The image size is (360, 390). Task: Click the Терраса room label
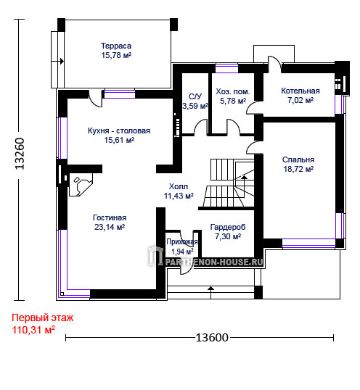116,46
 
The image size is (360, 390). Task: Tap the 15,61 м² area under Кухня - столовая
119,140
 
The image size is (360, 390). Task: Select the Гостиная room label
110,217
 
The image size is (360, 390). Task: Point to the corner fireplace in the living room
81,185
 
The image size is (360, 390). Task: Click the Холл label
179,186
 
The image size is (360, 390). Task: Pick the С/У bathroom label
195,96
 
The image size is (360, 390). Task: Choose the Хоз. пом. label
232,91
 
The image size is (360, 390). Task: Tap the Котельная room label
300,91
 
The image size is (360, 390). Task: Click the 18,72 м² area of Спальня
298,169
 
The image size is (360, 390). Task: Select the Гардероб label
228,227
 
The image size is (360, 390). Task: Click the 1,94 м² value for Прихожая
182,252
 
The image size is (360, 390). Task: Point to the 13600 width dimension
212,338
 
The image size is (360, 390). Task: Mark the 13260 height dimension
20,154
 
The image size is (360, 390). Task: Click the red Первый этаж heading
43,318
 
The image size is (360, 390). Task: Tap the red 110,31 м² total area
33,330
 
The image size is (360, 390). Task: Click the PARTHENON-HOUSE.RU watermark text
214,262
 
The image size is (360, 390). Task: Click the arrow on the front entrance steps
211,292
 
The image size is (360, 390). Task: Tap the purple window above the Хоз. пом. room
226,68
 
